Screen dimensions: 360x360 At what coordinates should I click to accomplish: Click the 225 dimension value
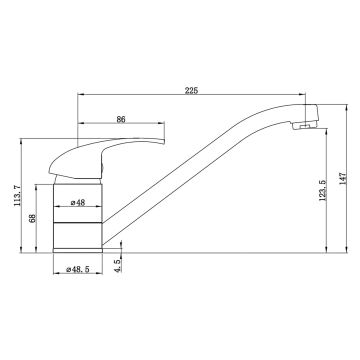191,90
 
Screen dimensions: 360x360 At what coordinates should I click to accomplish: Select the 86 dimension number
121,119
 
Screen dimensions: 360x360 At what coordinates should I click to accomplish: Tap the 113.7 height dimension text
17,196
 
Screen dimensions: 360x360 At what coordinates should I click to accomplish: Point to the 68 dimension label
32,218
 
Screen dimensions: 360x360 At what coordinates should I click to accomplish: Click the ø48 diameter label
78,202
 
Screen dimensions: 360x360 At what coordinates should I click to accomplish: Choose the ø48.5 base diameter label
78,269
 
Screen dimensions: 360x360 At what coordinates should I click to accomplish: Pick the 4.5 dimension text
117,266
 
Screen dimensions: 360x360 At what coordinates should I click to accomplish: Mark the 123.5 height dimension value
322,190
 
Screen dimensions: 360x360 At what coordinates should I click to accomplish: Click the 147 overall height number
343,179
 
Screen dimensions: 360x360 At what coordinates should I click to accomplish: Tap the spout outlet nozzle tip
304,126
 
